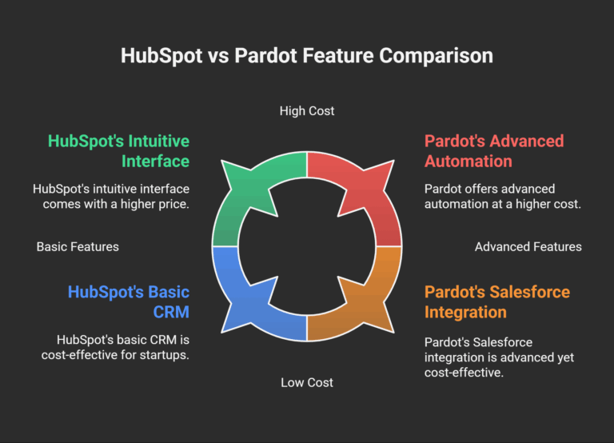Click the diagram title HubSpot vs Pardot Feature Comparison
tap(307, 56)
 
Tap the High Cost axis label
tap(307, 110)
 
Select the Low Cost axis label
tap(307, 382)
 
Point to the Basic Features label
tap(78, 246)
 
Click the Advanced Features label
tap(528, 246)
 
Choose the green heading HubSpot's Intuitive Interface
tap(118, 151)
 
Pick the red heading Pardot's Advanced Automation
tap(494, 151)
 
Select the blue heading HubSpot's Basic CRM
tap(128, 301)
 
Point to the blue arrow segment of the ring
tap(248, 300)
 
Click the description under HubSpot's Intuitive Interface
tap(111, 197)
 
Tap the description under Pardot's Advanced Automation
tap(501, 197)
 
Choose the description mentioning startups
tap(115, 347)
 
